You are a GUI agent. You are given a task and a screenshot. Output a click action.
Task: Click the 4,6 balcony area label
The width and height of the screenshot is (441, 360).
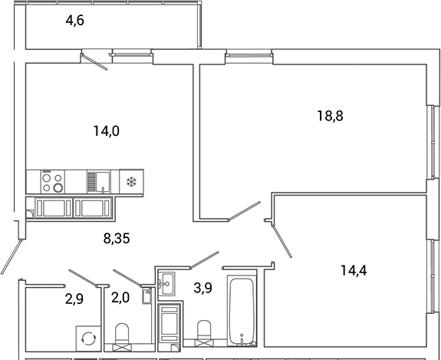pyautogui.click(x=74, y=21)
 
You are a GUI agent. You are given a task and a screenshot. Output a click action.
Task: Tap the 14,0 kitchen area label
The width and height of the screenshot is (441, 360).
pyautogui.click(x=107, y=130)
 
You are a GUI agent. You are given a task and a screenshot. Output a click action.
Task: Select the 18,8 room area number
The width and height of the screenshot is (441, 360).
pyautogui.click(x=331, y=116)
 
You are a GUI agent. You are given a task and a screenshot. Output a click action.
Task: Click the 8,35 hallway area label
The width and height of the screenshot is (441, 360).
pyautogui.click(x=117, y=238)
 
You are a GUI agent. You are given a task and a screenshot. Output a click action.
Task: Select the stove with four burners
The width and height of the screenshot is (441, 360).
pyautogui.click(x=52, y=181)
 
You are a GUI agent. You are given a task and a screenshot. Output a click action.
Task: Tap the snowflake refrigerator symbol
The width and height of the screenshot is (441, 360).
pyautogui.click(x=130, y=182)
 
